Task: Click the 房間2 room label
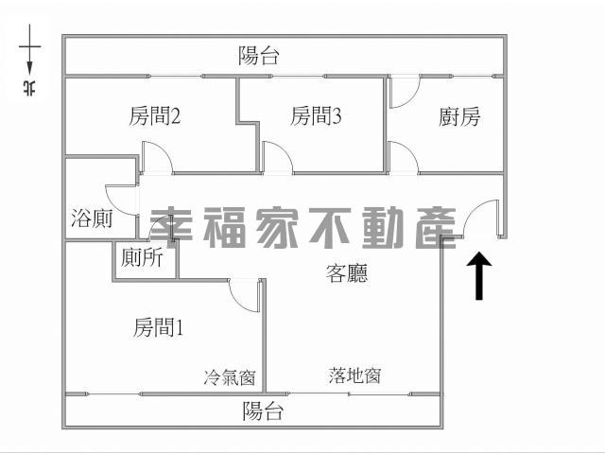155,115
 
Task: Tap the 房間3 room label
316,115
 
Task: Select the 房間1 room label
158,327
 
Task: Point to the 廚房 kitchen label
459,116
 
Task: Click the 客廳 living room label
347,273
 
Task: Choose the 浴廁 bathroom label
92,218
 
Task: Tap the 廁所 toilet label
142,257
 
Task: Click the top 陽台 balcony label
258,56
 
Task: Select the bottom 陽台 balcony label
263,410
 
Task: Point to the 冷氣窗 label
230,377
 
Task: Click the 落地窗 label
355,375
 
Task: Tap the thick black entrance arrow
479,275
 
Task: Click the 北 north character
29,88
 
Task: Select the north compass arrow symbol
29,49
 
